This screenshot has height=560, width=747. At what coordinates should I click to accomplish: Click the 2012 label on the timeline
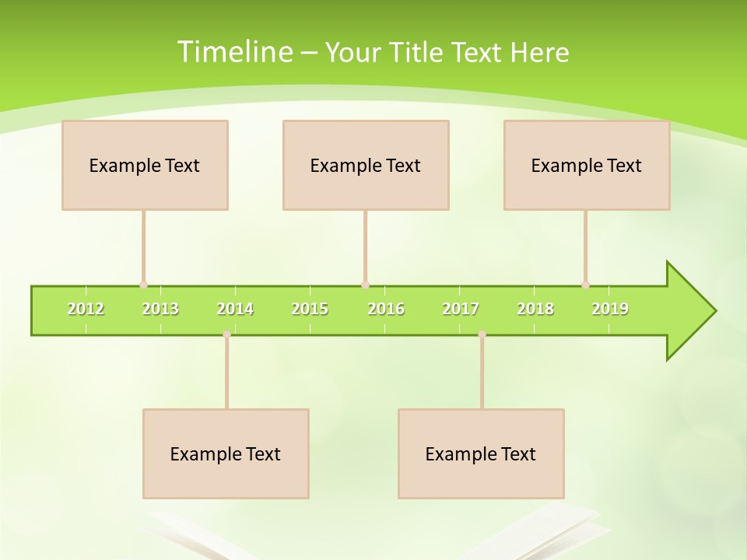(x=86, y=310)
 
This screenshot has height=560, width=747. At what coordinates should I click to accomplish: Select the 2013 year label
(x=160, y=310)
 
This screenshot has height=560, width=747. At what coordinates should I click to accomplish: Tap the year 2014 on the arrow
(x=235, y=310)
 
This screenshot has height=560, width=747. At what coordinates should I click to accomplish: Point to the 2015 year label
(x=310, y=310)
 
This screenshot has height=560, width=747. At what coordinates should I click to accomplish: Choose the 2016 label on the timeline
(x=386, y=310)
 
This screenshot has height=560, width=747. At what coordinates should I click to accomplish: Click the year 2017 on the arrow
(x=461, y=310)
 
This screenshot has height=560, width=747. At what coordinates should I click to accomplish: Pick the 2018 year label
(x=535, y=310)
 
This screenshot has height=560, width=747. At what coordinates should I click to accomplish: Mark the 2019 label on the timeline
(x=610, y=310)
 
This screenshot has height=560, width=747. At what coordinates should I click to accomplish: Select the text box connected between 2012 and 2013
(x=145, y=165)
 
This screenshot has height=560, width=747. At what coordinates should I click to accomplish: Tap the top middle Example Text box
(x=366, y=165)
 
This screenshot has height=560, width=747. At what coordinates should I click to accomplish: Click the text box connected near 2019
(x=587, y=165)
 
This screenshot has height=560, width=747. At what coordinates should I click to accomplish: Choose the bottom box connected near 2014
(x=226, y=453)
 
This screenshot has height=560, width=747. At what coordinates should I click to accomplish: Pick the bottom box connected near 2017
(x=481, y=453)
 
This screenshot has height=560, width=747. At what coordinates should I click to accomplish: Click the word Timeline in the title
(x=234, y=51)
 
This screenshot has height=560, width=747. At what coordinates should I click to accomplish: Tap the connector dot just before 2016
(x=365, y=285)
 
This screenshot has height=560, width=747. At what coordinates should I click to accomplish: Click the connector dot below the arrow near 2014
(x=226, y=334)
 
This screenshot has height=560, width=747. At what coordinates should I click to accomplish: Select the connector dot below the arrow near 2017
(x=482, y=334)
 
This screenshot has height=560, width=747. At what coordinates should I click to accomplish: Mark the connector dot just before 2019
(x=585, y=285)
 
